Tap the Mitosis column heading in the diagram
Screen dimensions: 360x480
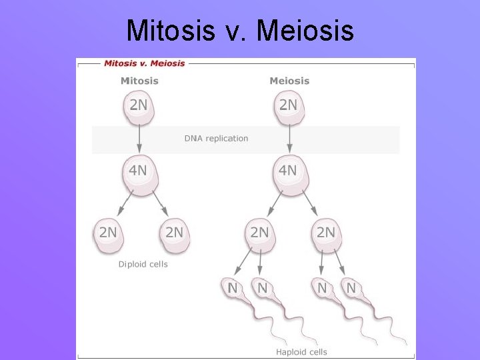pyautogui.click(x=139, y=81)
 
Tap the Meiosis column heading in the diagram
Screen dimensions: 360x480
pyautogui.click(x=289, y=81)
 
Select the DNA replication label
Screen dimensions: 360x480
pyautogui.click(x=216, y=139)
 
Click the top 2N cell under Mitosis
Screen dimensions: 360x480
pyautogui.click(x=139, y=106)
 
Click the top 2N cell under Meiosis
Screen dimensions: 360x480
pyautogui.click(x=289, y=106)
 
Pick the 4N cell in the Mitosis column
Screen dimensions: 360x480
pyautogui.click(x=138, y=171)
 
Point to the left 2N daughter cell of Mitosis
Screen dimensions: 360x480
pyautogui.click(x=108, y=234)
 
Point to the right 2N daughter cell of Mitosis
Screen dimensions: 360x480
pyautogui.click(x=174, y=234)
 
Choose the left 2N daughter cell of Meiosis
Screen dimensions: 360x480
pyautogui.click(x=259, y=234)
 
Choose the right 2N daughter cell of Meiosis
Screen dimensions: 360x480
pyautogui.click(x=325, y=234)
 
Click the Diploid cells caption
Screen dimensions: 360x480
pyautogui.click(x=143, y=264)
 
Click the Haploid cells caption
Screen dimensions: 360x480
pyautogui.click(x=301, y=352)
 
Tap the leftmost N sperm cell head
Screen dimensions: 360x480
pyautogui.click(x=233, y=289)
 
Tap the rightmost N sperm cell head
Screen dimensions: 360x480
pyautogui.click(x=351, y=289)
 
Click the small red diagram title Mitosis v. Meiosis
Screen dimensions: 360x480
pyautogui.click(x=144, y=63)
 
